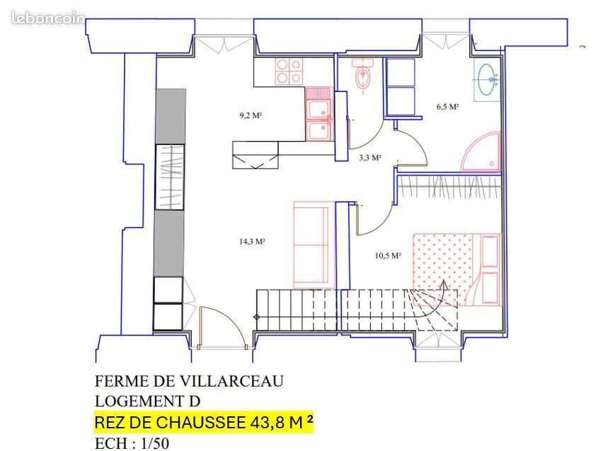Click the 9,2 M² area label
(251, 115)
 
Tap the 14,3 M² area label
(252, 241)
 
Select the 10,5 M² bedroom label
(389, 256)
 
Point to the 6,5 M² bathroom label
(447, 108)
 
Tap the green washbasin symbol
(487, 79)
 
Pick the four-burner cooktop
(288, 71)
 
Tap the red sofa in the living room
(311, 244)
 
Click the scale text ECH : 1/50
(132, 444)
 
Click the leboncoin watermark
(48, 18)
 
